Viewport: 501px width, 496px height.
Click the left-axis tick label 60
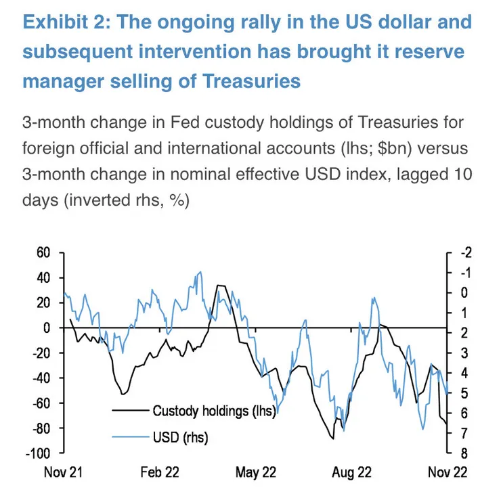(x=43, y=252)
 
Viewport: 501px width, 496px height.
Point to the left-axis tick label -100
(x=39, y=453)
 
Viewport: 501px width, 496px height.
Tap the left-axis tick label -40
(x=41, y=378)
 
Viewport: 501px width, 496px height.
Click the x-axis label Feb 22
(x=160, y=472)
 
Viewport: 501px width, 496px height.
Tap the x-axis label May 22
(x=256, y=472)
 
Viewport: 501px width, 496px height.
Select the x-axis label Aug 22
(x=351, y=472)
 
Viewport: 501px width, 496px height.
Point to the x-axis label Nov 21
(x=63, y=472)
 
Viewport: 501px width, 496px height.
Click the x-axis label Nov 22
(x=446, y=472)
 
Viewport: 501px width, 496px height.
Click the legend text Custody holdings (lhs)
(x=213, y=410)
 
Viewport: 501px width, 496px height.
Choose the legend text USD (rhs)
(x=180, y=438)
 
